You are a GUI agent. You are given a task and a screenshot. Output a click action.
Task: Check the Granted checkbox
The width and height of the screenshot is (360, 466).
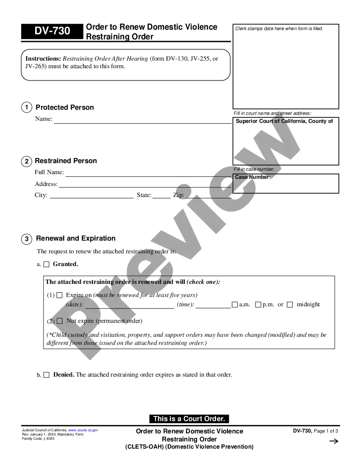point(47,264)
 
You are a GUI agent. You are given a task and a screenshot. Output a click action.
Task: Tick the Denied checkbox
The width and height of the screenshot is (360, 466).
point(47,375)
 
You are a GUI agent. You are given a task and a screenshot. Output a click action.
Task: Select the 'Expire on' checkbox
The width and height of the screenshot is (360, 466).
point(60,295)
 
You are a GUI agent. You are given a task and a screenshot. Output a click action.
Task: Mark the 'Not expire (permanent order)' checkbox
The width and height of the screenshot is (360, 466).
point(60,321)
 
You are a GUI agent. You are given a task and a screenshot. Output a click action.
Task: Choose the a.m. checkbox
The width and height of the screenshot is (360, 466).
point(235,305)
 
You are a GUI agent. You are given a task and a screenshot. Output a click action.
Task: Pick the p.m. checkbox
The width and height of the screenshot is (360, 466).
point(258,305)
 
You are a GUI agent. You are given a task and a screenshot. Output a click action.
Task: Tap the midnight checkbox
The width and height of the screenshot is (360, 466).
point(290,305)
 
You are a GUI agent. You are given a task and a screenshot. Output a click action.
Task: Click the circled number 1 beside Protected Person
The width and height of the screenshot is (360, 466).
point(26,108)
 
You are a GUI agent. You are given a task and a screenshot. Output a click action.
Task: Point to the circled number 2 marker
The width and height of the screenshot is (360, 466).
point(26,161)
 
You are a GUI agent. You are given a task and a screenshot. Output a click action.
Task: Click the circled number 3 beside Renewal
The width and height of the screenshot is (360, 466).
point(26,239)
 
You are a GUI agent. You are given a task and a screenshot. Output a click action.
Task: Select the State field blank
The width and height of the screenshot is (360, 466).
point(161,197)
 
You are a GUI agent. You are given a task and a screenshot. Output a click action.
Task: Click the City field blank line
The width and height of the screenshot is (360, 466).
point(91,197)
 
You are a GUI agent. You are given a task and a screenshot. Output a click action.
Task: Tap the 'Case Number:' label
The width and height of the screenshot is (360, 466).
point(253,177)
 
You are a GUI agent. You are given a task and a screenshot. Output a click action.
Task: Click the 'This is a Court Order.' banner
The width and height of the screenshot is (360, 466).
point(189,419)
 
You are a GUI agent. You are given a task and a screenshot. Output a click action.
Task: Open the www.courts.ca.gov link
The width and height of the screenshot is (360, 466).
point(83,430)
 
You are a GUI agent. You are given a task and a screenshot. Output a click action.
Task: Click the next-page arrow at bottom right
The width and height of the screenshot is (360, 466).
point(334,441)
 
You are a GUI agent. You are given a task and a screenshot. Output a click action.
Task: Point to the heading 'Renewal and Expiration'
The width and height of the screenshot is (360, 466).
point(76,239)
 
